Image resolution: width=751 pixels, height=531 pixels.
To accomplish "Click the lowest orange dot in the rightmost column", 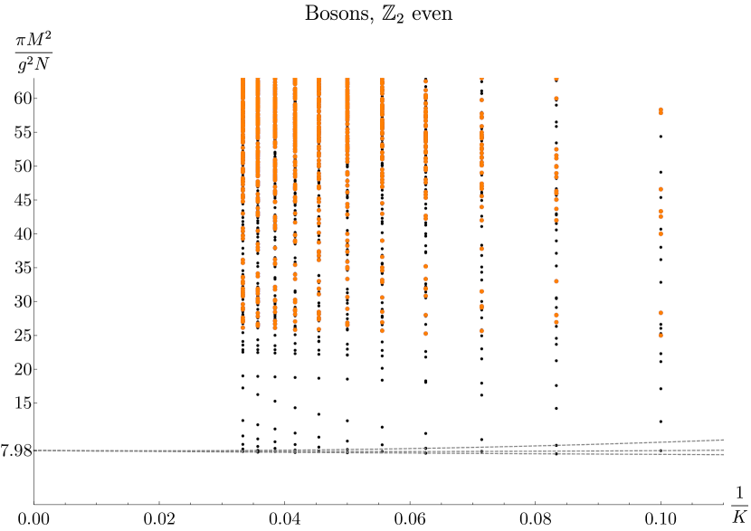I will tap(661, 336).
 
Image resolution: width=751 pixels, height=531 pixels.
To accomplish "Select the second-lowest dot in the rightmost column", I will tap(661, 313).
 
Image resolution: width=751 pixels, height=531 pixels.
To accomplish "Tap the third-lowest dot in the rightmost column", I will tap(661, 233).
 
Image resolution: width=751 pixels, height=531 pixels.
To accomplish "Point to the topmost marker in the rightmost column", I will tap(661, 109).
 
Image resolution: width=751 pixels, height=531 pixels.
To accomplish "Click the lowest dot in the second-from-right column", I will tap(556, 322).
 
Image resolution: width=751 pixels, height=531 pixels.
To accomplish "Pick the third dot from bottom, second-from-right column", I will tap(556, 281).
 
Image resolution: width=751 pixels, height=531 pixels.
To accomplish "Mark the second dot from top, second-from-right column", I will tap(556, 98).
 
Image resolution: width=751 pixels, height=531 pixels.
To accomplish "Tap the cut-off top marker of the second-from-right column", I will tap(556, 79).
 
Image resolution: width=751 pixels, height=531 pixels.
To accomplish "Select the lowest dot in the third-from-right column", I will tap(481, 331).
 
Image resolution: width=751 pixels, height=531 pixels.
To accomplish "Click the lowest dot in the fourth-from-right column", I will tap(425, 334).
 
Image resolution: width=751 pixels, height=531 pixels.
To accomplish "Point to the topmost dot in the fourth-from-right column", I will tap(425, 81).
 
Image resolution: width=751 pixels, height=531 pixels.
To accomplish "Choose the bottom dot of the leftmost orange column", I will tap(242, 327).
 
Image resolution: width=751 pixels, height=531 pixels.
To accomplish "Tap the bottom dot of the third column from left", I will tap(275, 327).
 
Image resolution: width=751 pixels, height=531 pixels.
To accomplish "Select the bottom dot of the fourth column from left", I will tap(295, 330).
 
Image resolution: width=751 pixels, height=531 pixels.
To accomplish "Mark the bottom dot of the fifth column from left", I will tap(318, 329).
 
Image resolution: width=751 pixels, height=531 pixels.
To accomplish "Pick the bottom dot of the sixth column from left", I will tap(347, 325).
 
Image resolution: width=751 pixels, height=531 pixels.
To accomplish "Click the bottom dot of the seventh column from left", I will tap(382, 331).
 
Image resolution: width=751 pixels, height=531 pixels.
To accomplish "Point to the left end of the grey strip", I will tap(34, 450).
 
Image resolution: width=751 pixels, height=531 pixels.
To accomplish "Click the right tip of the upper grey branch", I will tap(722, 440).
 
